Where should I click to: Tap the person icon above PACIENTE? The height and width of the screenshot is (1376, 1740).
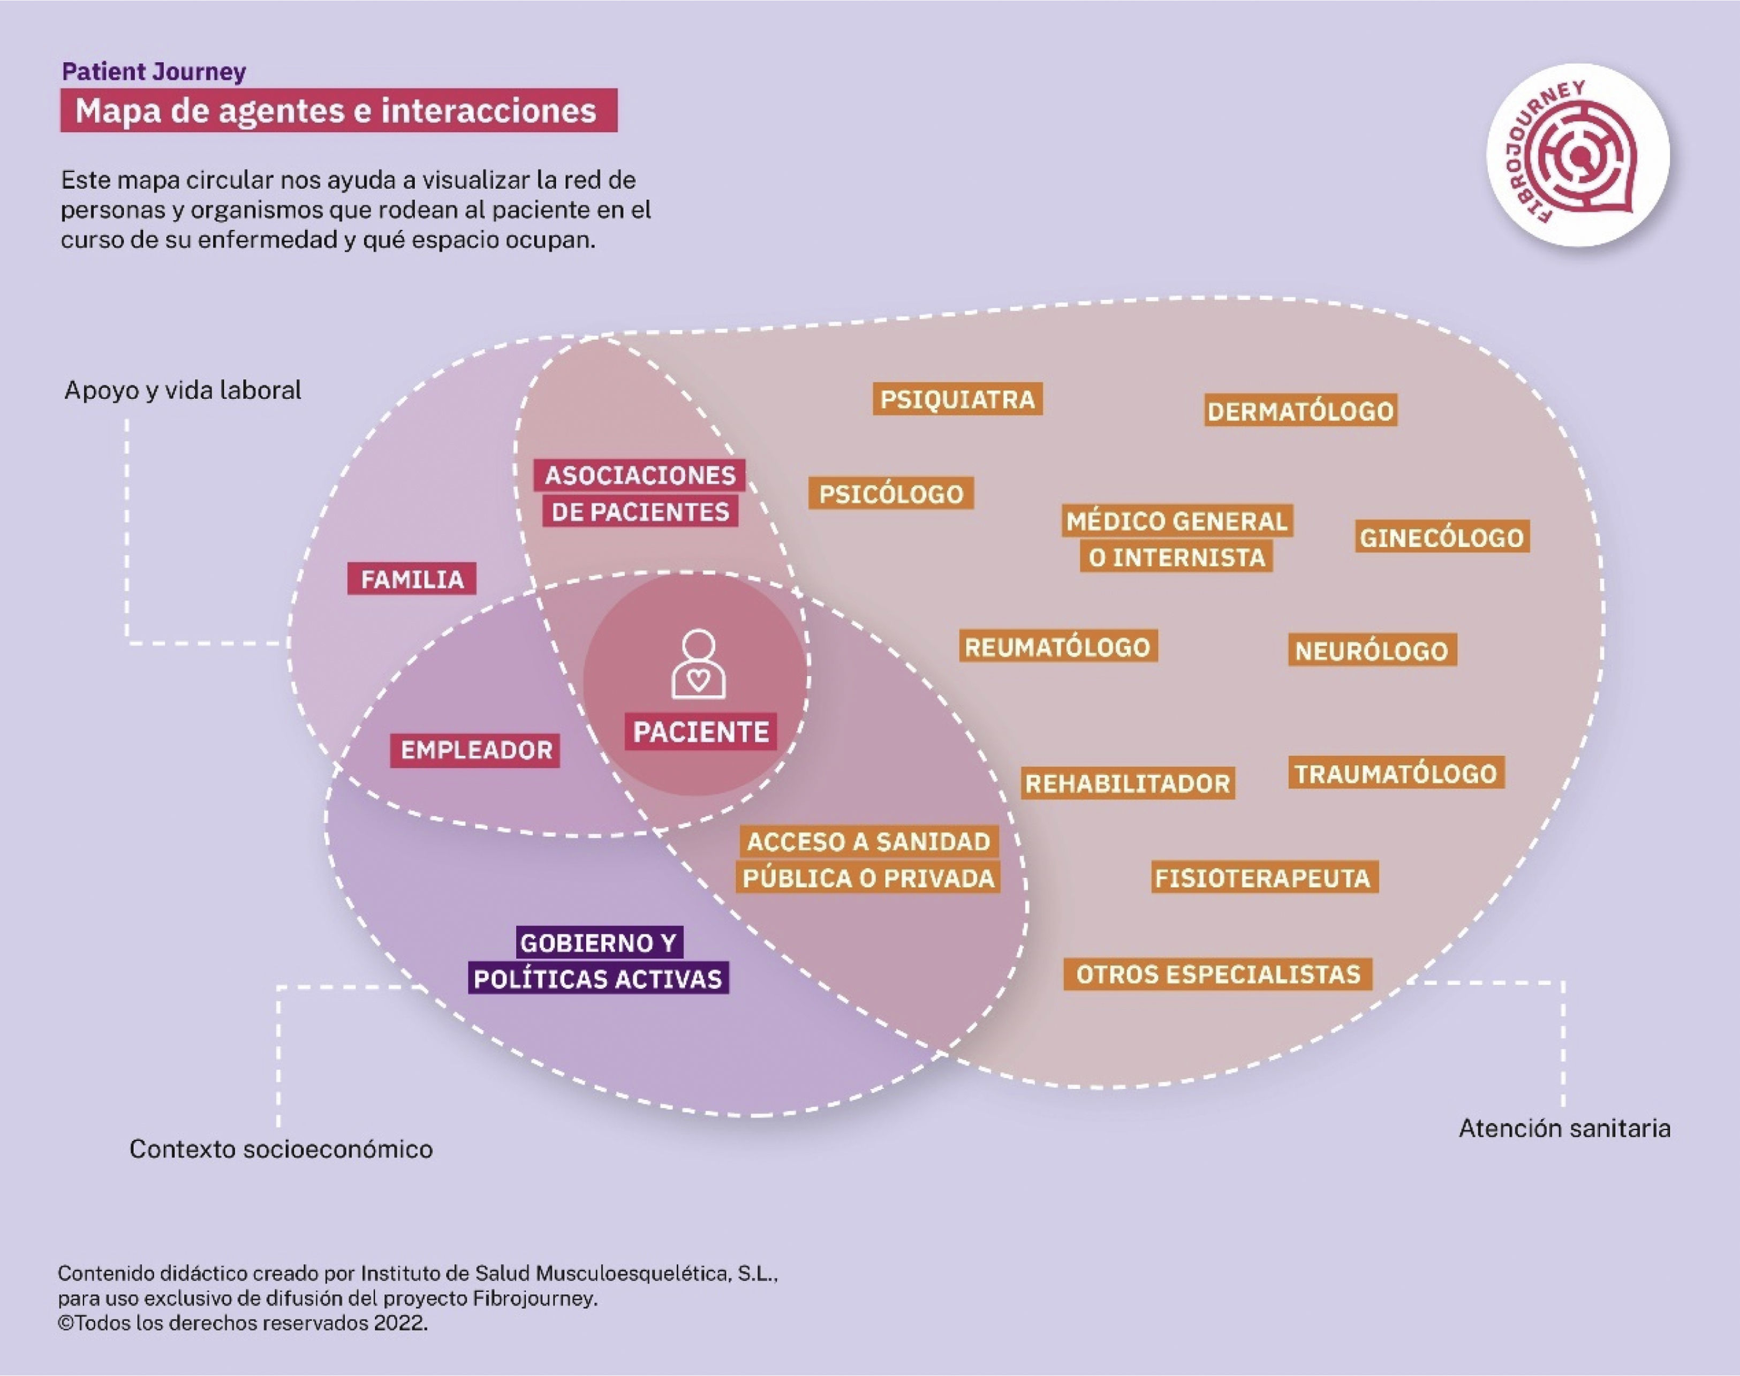[699, 664]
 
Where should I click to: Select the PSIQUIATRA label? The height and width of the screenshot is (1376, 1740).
[957, 399]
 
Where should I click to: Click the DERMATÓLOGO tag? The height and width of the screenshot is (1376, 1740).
[1300, 411]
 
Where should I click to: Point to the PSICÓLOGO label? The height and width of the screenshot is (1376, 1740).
[891, 494]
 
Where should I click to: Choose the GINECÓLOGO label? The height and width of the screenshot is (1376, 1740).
[1442, 538]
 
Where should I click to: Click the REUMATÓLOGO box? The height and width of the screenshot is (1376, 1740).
[1058, 647]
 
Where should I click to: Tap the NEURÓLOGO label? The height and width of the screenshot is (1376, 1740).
[1371, 650]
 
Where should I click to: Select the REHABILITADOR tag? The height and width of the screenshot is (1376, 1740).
[1128, 783]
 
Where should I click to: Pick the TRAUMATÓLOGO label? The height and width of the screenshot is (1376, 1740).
[1395, 773]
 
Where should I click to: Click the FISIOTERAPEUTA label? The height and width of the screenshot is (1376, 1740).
[1263, 878]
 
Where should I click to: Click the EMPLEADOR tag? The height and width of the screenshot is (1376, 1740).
[476, 750]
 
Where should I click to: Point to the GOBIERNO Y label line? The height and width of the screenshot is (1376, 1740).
[597, 942]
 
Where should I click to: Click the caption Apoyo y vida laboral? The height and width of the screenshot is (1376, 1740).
[183, 391]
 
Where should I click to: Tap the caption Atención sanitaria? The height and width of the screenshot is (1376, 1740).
[1564, 1129]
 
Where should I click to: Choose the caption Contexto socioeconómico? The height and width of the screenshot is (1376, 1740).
[281, 1149]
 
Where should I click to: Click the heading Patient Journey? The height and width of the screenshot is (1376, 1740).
[154, 72]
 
